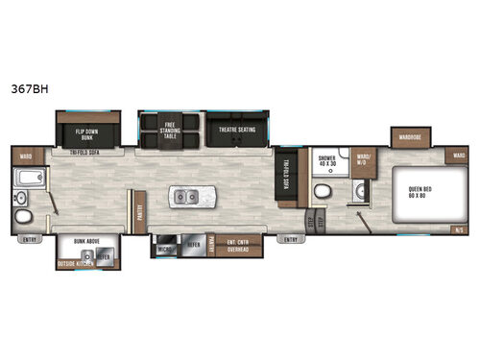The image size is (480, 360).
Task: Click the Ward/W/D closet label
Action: tap(363, 159)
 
